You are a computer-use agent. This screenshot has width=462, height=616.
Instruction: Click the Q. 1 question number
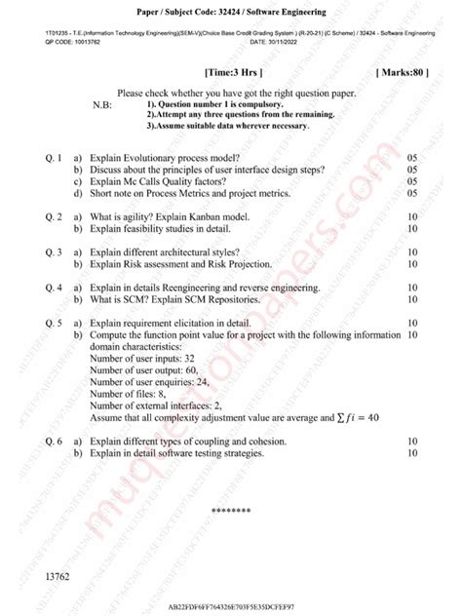[x=54, y=157]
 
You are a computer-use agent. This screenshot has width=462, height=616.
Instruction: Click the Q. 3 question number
[x=54, y=252]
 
